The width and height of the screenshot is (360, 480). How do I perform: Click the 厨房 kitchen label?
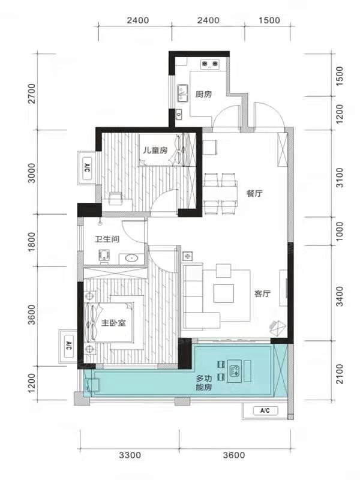click(203, 94)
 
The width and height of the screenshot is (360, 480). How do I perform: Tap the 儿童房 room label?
click(155, 151)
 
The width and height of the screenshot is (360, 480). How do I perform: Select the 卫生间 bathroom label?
click(107, 239)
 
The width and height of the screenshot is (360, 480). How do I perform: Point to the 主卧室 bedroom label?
click(113, 323)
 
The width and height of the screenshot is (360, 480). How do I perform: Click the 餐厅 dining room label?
click(254, 193)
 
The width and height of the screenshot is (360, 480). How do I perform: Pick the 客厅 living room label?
click(262, 294)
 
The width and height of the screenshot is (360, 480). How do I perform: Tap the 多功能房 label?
click(203, 383)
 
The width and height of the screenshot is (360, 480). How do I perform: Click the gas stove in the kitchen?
click(210, 64)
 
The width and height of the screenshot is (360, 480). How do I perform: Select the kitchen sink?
click(183, 93)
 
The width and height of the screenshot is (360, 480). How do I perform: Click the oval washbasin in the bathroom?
click(131, 259)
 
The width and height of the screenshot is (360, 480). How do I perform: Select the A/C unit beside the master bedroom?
click(69, 347)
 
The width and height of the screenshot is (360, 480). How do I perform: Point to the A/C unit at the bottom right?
click(265, 410)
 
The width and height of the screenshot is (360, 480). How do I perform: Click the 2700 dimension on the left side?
click(32, 94)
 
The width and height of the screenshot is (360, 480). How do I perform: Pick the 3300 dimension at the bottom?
click(130, 455)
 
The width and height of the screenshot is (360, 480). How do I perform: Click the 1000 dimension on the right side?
click(340, 232)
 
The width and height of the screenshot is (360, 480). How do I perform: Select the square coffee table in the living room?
click(223, 293)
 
